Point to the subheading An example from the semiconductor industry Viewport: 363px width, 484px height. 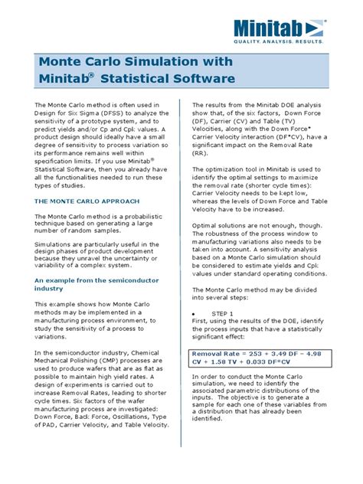83,286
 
